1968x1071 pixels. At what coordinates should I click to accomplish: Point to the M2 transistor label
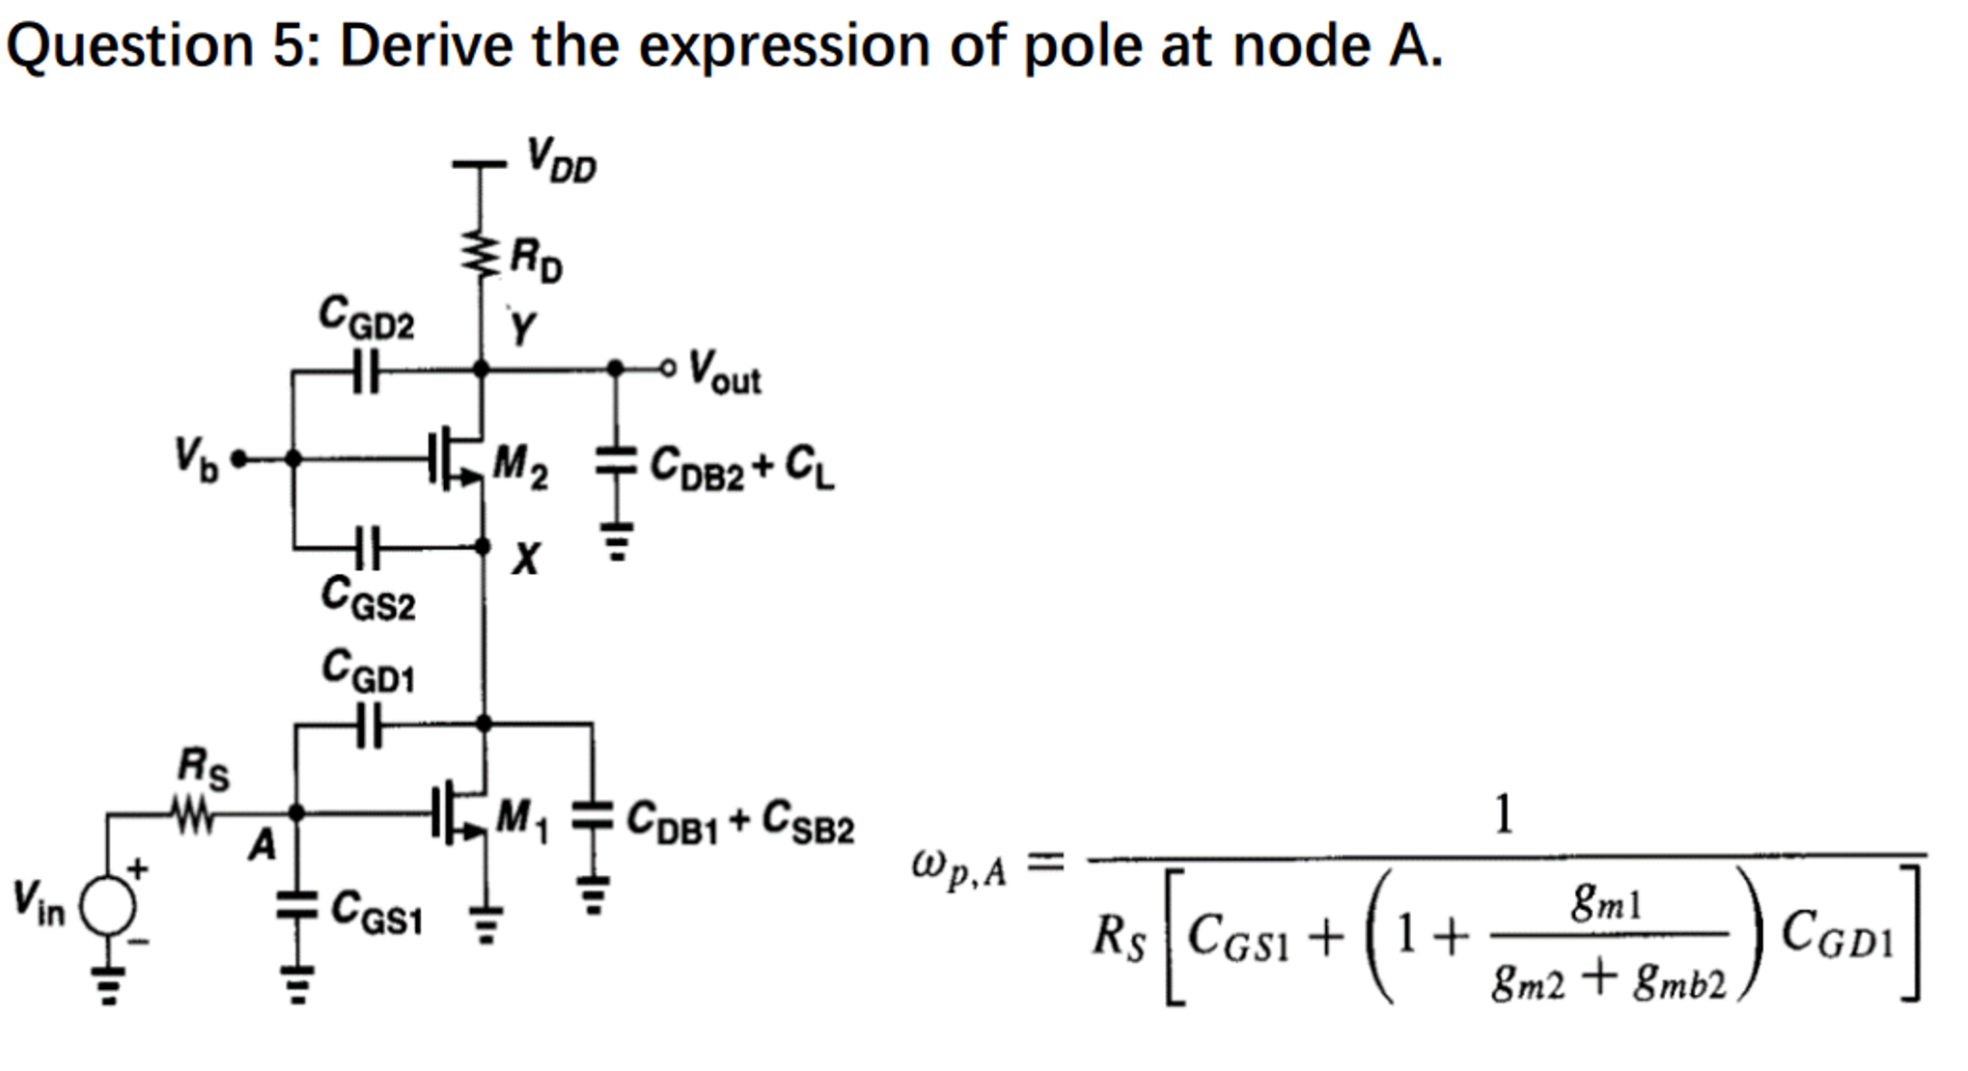click(x=520, y=466)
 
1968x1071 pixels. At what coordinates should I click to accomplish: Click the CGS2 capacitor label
click(x=368, y=597)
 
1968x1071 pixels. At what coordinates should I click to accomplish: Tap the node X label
click(x=525, y=558)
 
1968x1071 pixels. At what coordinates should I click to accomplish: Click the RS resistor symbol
click(x=193, y=816)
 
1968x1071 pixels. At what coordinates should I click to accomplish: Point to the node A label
click(x=262, y=845)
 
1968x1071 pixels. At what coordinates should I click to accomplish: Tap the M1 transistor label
click(x=521, y=820)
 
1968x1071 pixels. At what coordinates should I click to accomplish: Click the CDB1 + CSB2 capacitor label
click(x=739, y=822)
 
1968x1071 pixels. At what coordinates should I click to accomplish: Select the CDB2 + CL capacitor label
click(x=741, y=467)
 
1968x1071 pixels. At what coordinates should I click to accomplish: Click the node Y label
click(x=521, y=328)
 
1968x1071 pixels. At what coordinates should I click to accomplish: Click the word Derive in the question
click(x=426, y=45)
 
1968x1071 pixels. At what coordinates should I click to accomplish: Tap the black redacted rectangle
click(x=1710, y=52)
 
